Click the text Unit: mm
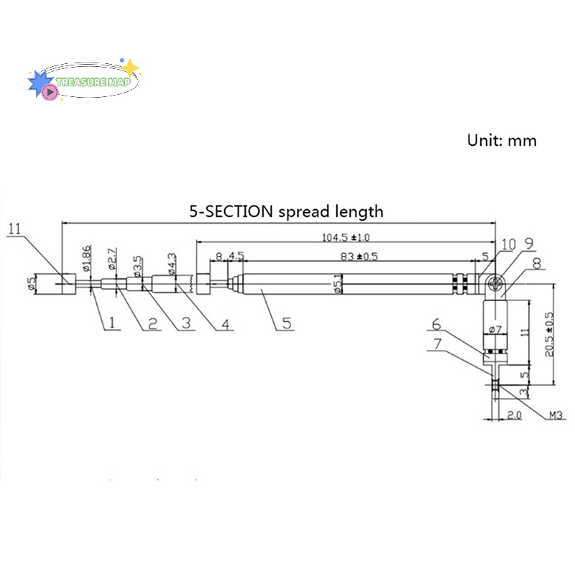502,140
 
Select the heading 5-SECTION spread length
286,211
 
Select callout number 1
112,323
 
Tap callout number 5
286,323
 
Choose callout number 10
509,244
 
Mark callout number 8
536,264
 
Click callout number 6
436,324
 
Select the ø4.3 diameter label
172,262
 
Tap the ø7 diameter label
494,330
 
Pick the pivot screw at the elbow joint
495,285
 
